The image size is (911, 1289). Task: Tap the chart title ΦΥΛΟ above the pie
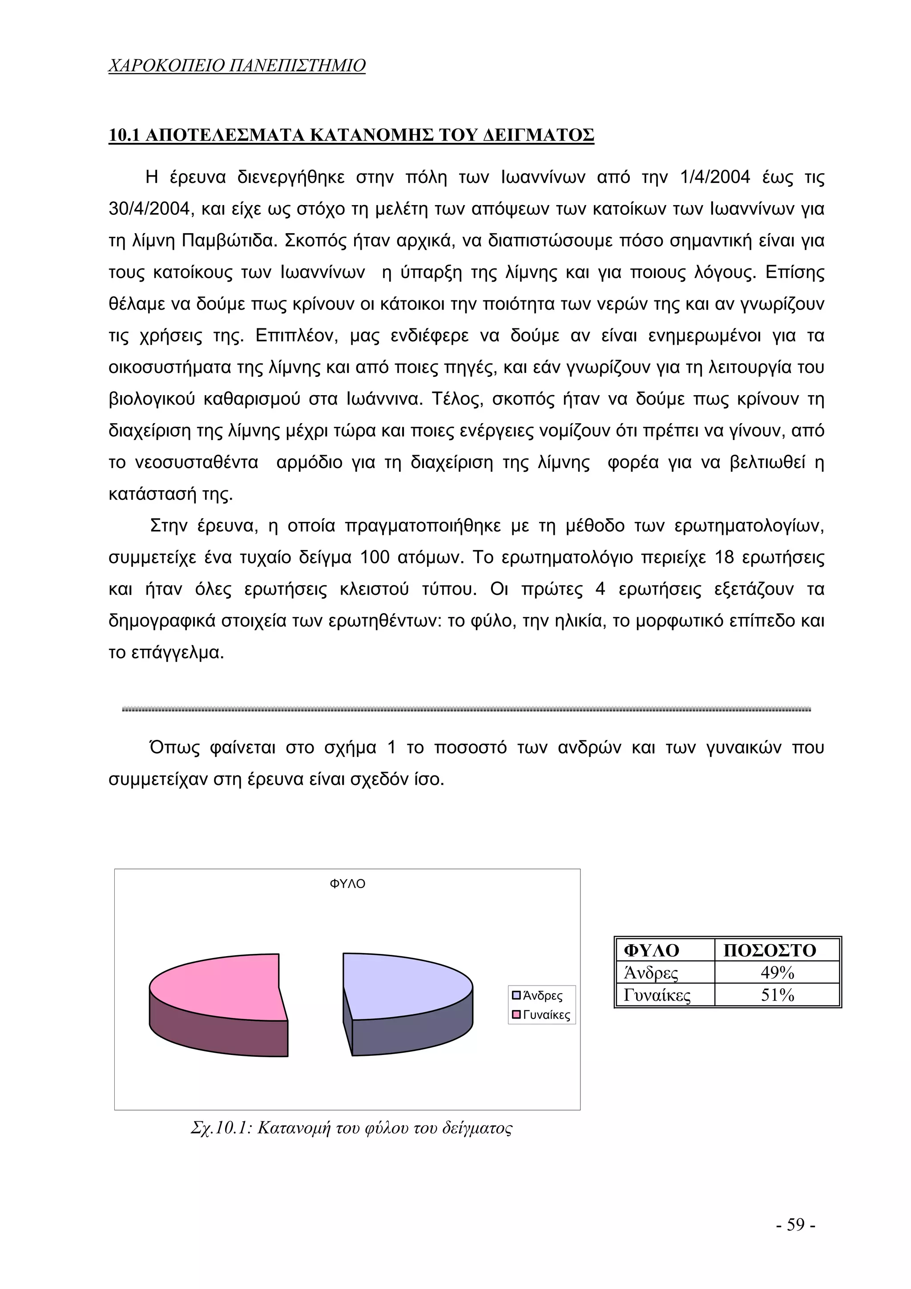coord(347,884)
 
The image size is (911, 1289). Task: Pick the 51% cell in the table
coord(777,995)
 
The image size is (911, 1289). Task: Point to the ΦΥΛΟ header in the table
coord(651,950)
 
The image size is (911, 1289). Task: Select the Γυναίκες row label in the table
coord(657,995)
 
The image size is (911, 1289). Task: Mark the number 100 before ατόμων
coord(375,558)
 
